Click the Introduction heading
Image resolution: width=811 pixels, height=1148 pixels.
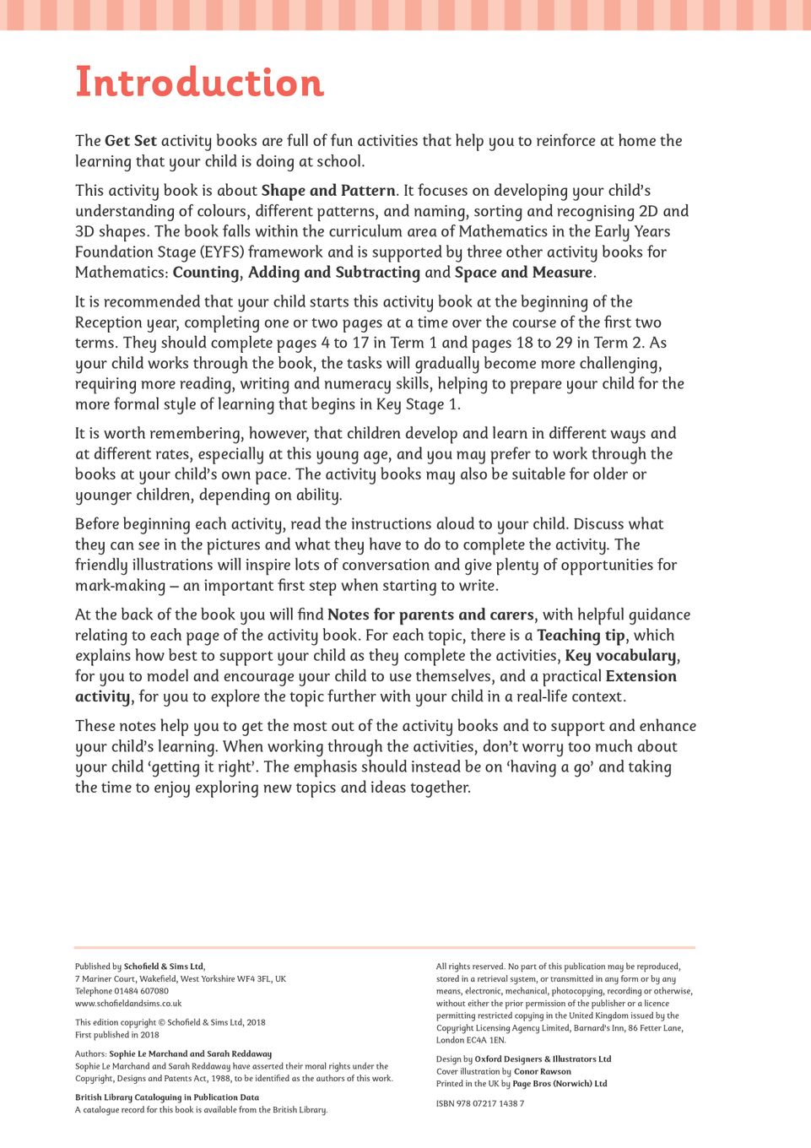click(x=199, y=83)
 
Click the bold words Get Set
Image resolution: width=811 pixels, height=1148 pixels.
click(x=131, y=141)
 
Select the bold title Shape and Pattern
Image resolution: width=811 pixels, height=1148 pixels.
click(x=328, y=191)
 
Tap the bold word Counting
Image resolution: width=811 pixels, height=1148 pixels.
click(x=206, y=273)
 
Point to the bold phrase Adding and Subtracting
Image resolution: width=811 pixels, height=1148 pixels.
click(x=333, y=273)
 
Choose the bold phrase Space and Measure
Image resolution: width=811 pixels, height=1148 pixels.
click(x=523, y=273)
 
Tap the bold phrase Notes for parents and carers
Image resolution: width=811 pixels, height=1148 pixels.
click(x=430, y=615)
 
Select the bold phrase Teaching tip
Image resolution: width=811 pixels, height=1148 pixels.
click(x=581, y=636)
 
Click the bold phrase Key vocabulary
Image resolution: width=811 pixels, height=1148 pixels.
click(x=620, y=656)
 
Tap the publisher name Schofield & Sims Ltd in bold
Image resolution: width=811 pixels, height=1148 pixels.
click(x=163, y=967)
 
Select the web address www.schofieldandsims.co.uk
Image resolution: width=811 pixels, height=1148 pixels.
click(x=128, y=1004)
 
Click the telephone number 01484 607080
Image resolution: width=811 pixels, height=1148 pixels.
click(x=141, y=991)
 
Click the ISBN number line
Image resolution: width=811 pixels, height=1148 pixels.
click(x=480, y=1103)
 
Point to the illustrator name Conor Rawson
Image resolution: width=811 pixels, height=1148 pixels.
click(x=543, y=1072)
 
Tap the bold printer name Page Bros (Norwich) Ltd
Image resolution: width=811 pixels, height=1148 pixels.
click(x=560, y=1084)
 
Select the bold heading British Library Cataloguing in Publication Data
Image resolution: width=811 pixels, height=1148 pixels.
click(x=167, y=1097)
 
